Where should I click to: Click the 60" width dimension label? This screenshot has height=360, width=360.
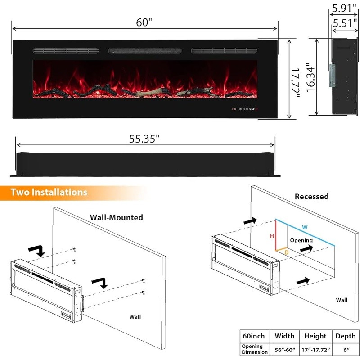(x=144, y=22)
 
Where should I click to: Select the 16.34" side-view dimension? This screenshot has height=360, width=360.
(x=310, y=77)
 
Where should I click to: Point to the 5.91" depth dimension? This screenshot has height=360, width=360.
(x=342, y=8)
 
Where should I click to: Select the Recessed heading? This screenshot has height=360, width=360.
(x=311, y=196)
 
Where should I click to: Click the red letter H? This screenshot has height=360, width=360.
(x=272, y=236)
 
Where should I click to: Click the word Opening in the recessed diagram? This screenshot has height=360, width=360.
(x=301, y=240)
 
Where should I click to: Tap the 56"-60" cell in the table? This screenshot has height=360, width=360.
(x=284, y=349)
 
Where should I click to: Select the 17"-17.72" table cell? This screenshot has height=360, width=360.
(x=315, y=349)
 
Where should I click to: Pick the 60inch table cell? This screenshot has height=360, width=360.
(x=254, y=336)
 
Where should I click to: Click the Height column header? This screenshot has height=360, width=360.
(x=315, y=336)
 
